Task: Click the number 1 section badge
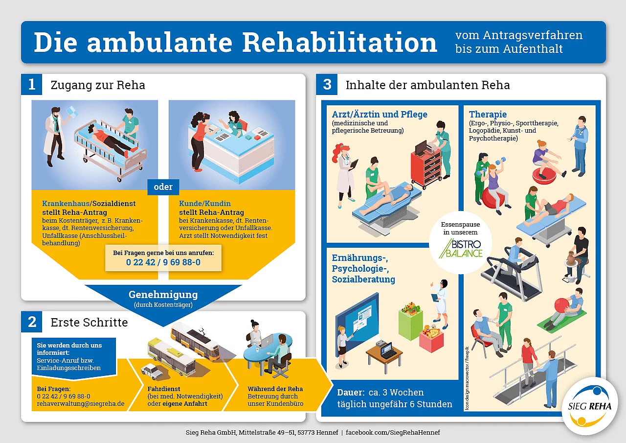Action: point(32,85)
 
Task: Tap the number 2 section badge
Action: point(32,322)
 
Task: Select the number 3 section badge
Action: point(327,85)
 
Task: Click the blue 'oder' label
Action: point(163,187)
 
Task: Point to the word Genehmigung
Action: point(163,295)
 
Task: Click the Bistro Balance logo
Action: point(461,249)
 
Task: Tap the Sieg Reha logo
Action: point(590,406)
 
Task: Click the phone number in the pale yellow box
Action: point(163,262)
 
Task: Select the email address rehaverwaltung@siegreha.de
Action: point(81,404)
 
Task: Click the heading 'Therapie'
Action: point(488,114)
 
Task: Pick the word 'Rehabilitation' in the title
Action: point(339,42)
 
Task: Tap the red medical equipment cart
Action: point(426,168)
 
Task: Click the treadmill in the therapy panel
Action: point(514,277)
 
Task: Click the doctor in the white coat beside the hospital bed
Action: point(56,137)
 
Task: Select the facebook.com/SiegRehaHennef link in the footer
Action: point(393,432)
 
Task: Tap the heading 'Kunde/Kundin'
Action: point(205,203)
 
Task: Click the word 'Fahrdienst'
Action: point(164,389)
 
